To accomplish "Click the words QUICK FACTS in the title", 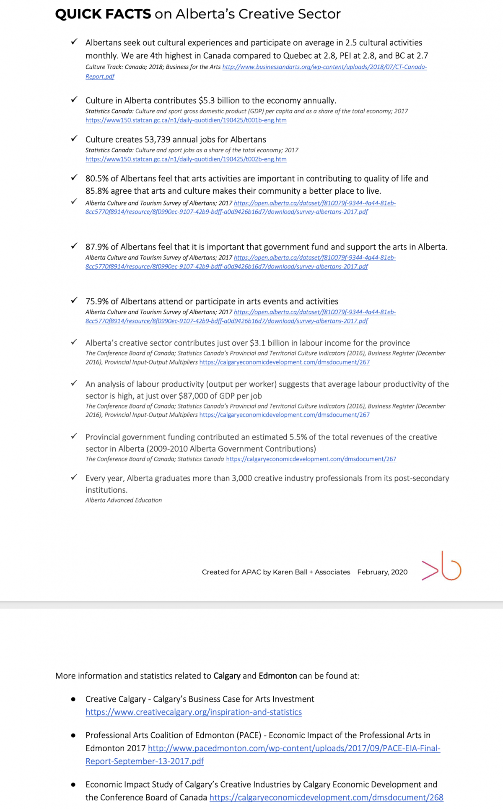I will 103,14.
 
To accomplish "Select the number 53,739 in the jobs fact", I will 158,140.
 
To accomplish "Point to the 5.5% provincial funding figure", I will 298,437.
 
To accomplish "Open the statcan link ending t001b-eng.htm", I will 186,120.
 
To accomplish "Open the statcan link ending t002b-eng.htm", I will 186,159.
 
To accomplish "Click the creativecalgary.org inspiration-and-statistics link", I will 194,712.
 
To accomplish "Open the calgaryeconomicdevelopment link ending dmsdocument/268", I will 326,798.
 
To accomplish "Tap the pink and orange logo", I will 441,567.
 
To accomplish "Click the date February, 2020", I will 382,572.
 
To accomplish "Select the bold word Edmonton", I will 277,676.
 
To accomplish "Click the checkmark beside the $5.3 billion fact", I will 74,99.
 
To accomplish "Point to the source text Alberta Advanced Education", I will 124,500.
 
